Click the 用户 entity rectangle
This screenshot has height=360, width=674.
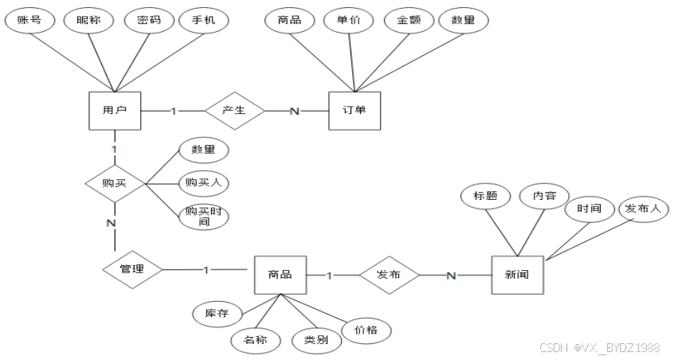[115, 110]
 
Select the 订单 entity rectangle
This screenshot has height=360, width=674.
[355, 110]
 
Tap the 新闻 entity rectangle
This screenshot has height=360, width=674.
[517, 276]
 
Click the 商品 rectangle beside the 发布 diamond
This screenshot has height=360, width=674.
[280, 276]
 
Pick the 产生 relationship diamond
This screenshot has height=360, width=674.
[233, 110]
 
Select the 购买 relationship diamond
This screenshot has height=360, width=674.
[115, 184]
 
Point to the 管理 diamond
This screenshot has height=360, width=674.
[131, 269]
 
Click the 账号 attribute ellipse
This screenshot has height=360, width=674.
[29, 21]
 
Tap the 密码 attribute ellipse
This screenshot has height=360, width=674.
[148, 21]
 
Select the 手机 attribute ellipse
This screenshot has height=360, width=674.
[203, 21]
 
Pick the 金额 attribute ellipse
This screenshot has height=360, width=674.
[408, 21]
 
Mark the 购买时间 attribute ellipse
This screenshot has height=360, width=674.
[203, 216]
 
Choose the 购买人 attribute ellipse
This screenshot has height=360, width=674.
[203, 183]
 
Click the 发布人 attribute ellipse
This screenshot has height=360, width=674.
[642, 209]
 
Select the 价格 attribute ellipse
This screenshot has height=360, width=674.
[366, 328]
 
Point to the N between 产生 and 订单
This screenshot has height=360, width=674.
[294, 111]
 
